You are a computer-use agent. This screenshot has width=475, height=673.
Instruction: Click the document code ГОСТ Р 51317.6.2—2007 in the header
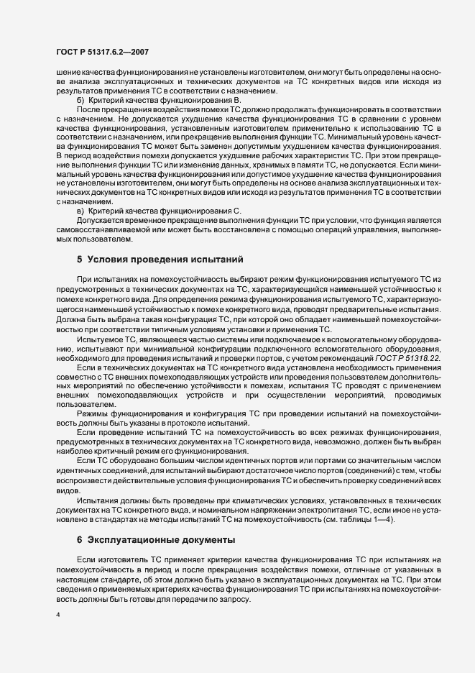[101, 51]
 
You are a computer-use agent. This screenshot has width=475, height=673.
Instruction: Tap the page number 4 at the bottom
[57, 615]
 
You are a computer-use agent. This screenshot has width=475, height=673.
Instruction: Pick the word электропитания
[319, 508]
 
